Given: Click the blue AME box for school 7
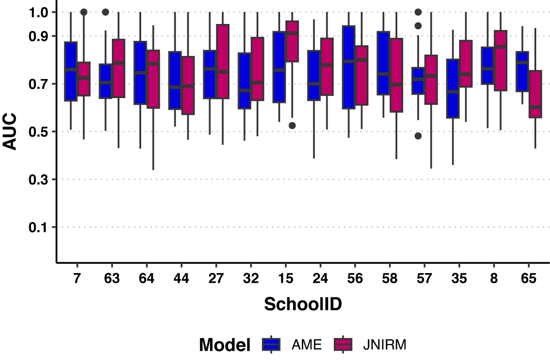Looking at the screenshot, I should click(71, 71).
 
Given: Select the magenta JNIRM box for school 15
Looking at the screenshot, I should click(292, 41).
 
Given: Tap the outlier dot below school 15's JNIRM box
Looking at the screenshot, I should click(292, 126).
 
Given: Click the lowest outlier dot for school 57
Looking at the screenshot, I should click(418, 136).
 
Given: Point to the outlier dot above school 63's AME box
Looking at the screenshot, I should click(105, 12).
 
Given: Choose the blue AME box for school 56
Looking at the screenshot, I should click(348, 67).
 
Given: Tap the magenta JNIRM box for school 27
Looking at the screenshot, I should click(222, 62).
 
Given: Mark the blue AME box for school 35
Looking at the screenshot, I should click(453, 88).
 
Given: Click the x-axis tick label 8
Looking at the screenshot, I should click(494, 279).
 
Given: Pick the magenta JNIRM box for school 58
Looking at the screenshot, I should click(396, 75).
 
